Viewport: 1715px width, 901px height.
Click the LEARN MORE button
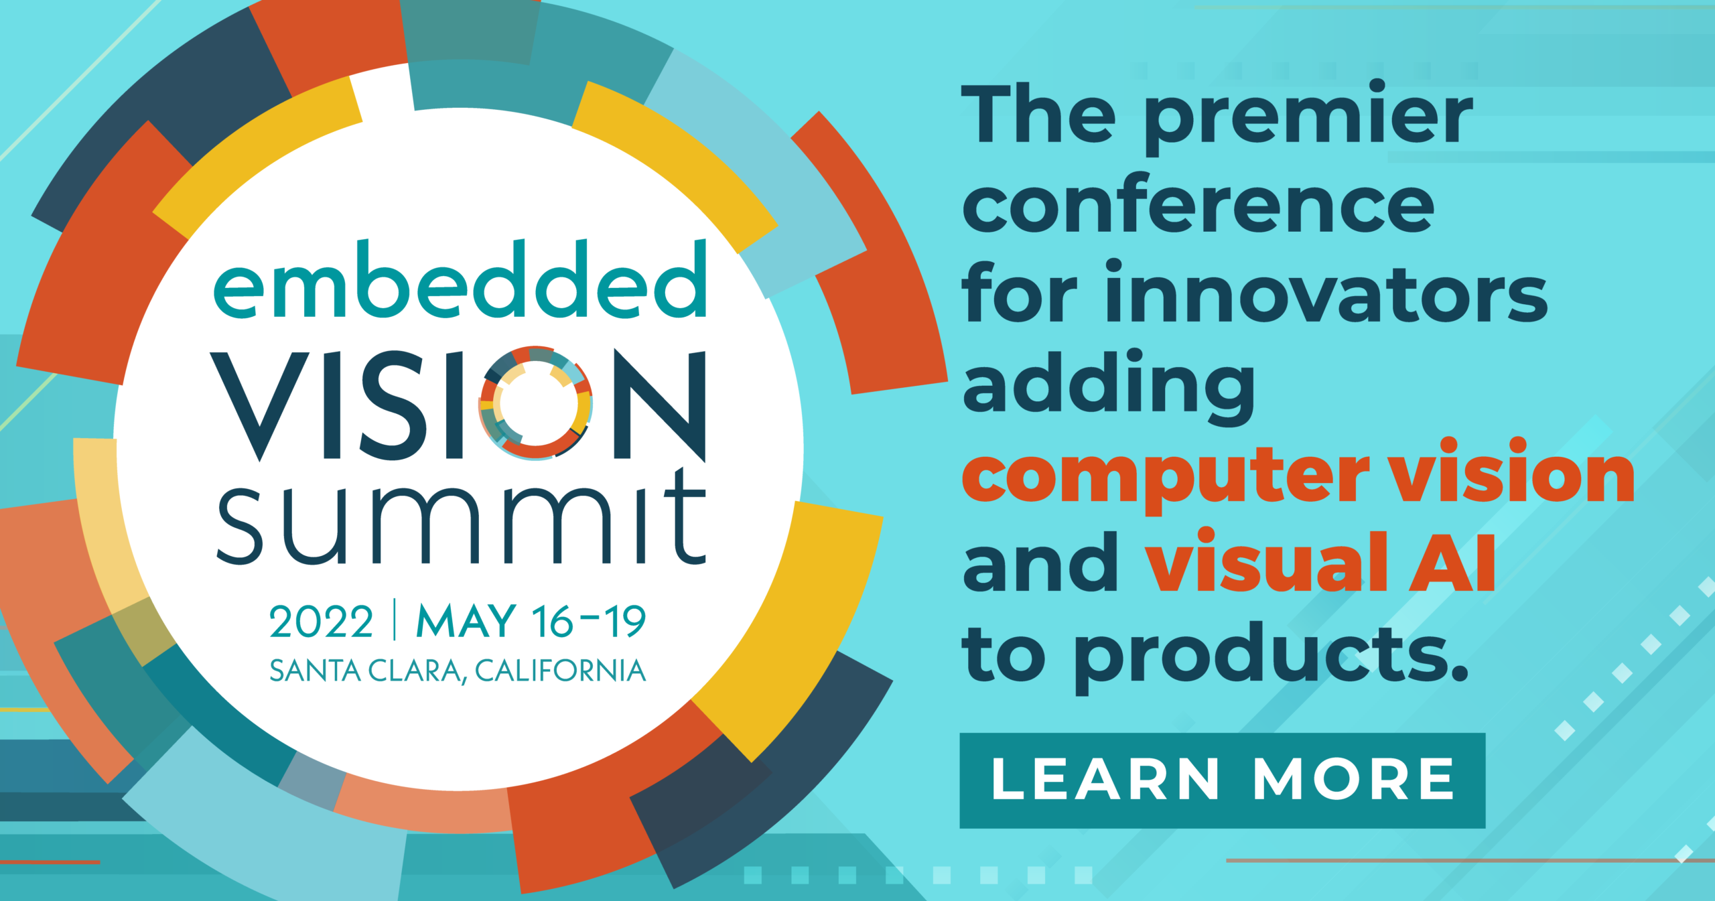click(1222, 780)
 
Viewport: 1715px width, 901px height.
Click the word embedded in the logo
click(460, 281)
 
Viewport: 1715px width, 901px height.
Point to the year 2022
click(321, 622)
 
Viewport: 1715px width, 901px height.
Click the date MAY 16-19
click(531, 621)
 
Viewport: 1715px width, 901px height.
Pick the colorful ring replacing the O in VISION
click(535, 403)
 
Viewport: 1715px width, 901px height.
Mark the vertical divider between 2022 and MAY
click(395, 620)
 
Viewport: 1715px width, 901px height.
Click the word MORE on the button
click(1354, 780)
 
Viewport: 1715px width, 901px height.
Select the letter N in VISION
click(660, 405)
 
